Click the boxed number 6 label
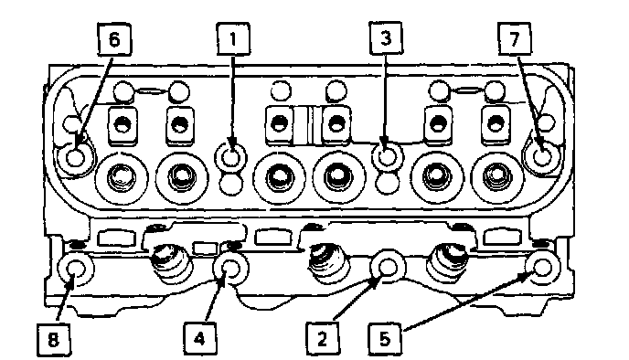pos(114,39)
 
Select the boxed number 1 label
pos(233,39)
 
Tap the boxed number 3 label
pos(386,38)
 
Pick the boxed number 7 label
pos(515,38)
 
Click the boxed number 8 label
pos(53,340)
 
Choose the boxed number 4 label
pos(200,339)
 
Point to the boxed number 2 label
pos(323,339)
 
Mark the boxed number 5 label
pos(385,339)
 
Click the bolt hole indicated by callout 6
pos(75,157)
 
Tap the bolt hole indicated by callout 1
pos(231,156)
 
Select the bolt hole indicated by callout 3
pos(387,156)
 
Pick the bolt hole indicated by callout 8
pos(76,269)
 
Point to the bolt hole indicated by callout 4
pos(230,268)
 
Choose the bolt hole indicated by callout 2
pos(388,268)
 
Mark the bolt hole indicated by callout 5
pos(543,267)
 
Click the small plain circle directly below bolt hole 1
pos(231,185)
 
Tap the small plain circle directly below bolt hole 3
pos(388,183)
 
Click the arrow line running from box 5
pos(469,301)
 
